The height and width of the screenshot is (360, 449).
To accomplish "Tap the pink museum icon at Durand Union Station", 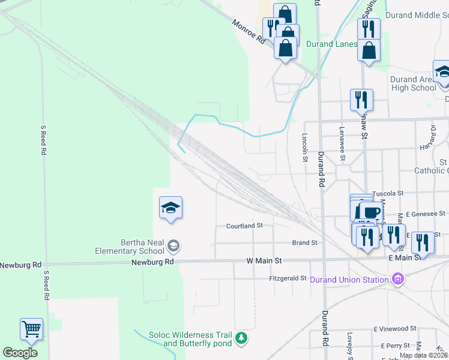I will (x=397, y=279).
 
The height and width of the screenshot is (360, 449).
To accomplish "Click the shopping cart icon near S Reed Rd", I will (x=31, y=329).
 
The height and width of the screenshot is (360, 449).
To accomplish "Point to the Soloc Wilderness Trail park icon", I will (x=241, y=338).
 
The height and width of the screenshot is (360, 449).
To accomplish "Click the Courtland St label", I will (x=244, y=226).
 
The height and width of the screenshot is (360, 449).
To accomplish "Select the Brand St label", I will (x=304, y=242).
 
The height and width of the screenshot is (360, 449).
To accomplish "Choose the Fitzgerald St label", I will (x=288, y=278).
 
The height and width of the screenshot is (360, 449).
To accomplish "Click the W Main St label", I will (x=264, y=261).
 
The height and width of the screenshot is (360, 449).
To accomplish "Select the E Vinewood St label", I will (x=394, y=329).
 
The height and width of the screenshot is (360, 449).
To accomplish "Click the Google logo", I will (x=20, y=353).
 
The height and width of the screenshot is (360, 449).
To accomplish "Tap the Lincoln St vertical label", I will (x=305, y=147).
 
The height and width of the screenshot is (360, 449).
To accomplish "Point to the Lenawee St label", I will (x=342, y=147).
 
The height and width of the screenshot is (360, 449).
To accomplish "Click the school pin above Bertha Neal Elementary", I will (x=170, y=208).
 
